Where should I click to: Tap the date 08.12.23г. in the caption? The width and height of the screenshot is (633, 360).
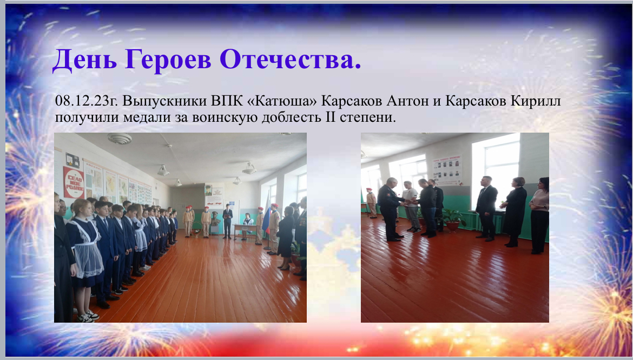pos(87,101)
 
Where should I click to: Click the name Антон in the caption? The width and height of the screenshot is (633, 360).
pos(408,101)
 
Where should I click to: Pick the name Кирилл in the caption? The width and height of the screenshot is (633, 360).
pos(535,101)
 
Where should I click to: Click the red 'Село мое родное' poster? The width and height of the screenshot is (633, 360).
pos(73,182)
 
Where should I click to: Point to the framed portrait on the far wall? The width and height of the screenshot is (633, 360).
pos(208,191)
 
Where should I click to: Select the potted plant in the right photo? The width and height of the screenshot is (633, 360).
pos(452,219)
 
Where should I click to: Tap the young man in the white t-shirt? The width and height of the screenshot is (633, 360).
pos(412,207)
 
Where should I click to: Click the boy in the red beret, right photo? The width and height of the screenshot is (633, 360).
pos(371,203)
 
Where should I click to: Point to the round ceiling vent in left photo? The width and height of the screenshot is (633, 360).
pos(120,139)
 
